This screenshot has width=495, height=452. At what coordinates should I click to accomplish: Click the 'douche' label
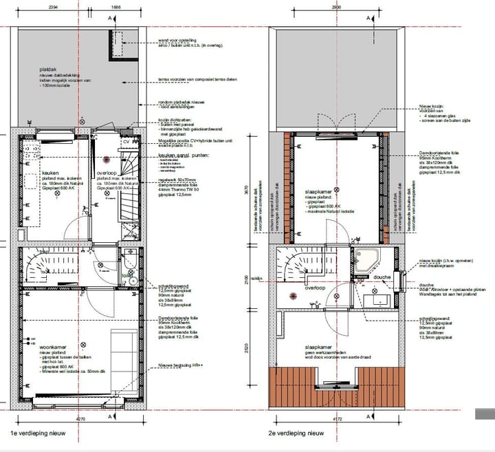click(382, 279)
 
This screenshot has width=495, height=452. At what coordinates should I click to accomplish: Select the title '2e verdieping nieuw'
click(297, 433)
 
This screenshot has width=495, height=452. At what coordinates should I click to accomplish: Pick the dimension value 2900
click(335, 6)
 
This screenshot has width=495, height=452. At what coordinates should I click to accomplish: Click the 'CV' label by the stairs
click(126, 142)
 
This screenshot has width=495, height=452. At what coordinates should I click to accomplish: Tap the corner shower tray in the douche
click(366, 259)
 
